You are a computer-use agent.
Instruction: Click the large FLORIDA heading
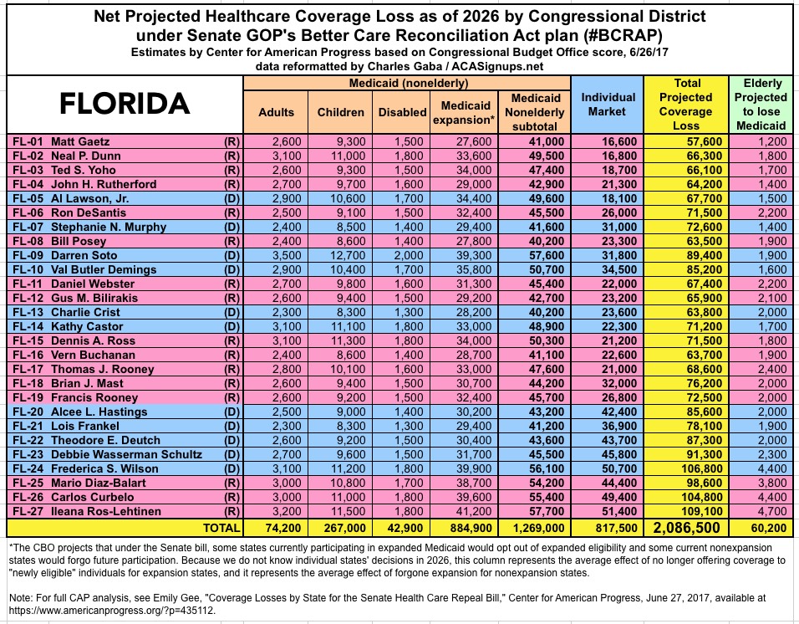(125, 104)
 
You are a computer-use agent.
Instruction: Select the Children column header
(341, 112)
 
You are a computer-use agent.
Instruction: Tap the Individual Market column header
(608, 105)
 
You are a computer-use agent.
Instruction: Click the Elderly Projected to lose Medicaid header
(761, 105)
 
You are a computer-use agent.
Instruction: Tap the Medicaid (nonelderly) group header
(408, 84)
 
